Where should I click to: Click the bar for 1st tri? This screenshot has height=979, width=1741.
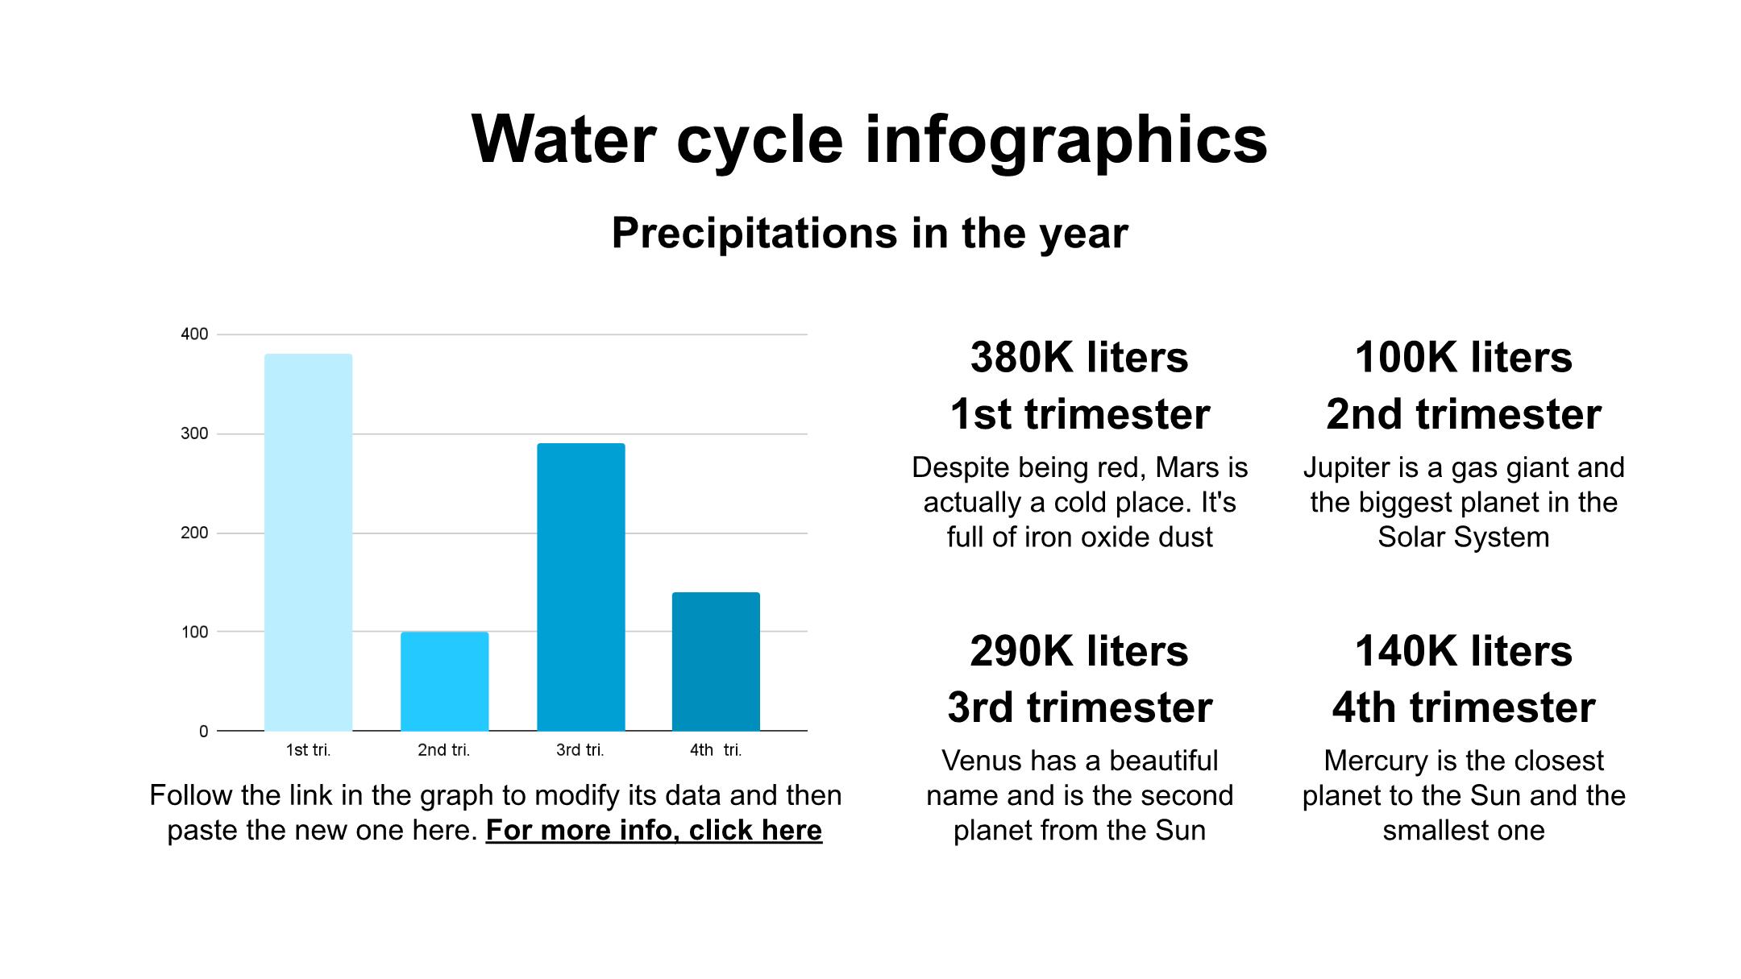click(308, 542)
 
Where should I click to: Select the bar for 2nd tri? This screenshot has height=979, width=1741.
click(444, 682)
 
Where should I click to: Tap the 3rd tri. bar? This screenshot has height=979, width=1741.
click(580, 587)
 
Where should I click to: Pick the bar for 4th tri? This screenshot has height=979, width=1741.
click(716, 662)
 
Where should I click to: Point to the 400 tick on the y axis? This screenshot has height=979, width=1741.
click(194, 334)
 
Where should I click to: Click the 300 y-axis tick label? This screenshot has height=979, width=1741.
click(194, 433)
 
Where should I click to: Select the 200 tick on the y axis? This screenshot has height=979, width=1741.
click(194, 533)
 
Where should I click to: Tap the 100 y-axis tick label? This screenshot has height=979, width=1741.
click(194, 633)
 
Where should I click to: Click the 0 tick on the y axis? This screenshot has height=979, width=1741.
click(203, 732)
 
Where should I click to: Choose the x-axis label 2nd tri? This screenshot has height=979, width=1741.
click(443, 750)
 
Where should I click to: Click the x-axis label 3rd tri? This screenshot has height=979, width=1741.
click(580, 750)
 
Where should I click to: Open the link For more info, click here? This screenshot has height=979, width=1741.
click(654, 830)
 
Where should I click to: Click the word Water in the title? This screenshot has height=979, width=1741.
click(564, 140)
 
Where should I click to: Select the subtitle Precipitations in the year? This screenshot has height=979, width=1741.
click(870, 234)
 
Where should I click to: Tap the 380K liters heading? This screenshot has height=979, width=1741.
click(1079, 357)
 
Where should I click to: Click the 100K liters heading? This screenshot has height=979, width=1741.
click(1463, 357)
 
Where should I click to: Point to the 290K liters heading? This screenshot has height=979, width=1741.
click(1079, 651)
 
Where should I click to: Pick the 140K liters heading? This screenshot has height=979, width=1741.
click(1463, 651)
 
